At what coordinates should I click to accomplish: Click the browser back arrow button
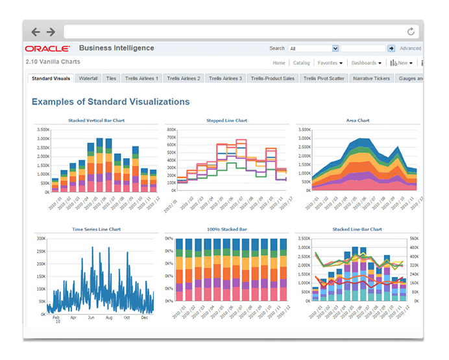(36, 31)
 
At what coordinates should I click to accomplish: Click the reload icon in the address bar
(411, 31)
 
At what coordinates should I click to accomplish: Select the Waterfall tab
(88, 78)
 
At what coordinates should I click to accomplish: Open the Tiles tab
(111, 78)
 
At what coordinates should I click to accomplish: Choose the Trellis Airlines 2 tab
(182, 78)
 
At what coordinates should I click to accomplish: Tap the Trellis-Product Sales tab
(273, 78)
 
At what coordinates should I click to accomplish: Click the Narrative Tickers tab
(371, 78)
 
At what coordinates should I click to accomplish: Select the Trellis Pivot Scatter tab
(324, 78)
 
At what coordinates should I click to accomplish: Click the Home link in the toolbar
(279, 64)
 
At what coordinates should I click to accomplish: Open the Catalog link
(301, 64)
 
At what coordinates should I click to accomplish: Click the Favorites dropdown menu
(330, 64)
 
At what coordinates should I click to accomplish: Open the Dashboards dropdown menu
(366, 64)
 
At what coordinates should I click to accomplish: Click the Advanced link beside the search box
(410, 49)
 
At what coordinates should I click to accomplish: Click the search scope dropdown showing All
(314, 49)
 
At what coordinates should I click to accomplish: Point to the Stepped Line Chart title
(226, 121)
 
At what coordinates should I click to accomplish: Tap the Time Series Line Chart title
(96, 230)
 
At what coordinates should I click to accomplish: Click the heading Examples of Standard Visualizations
(111, 102)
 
